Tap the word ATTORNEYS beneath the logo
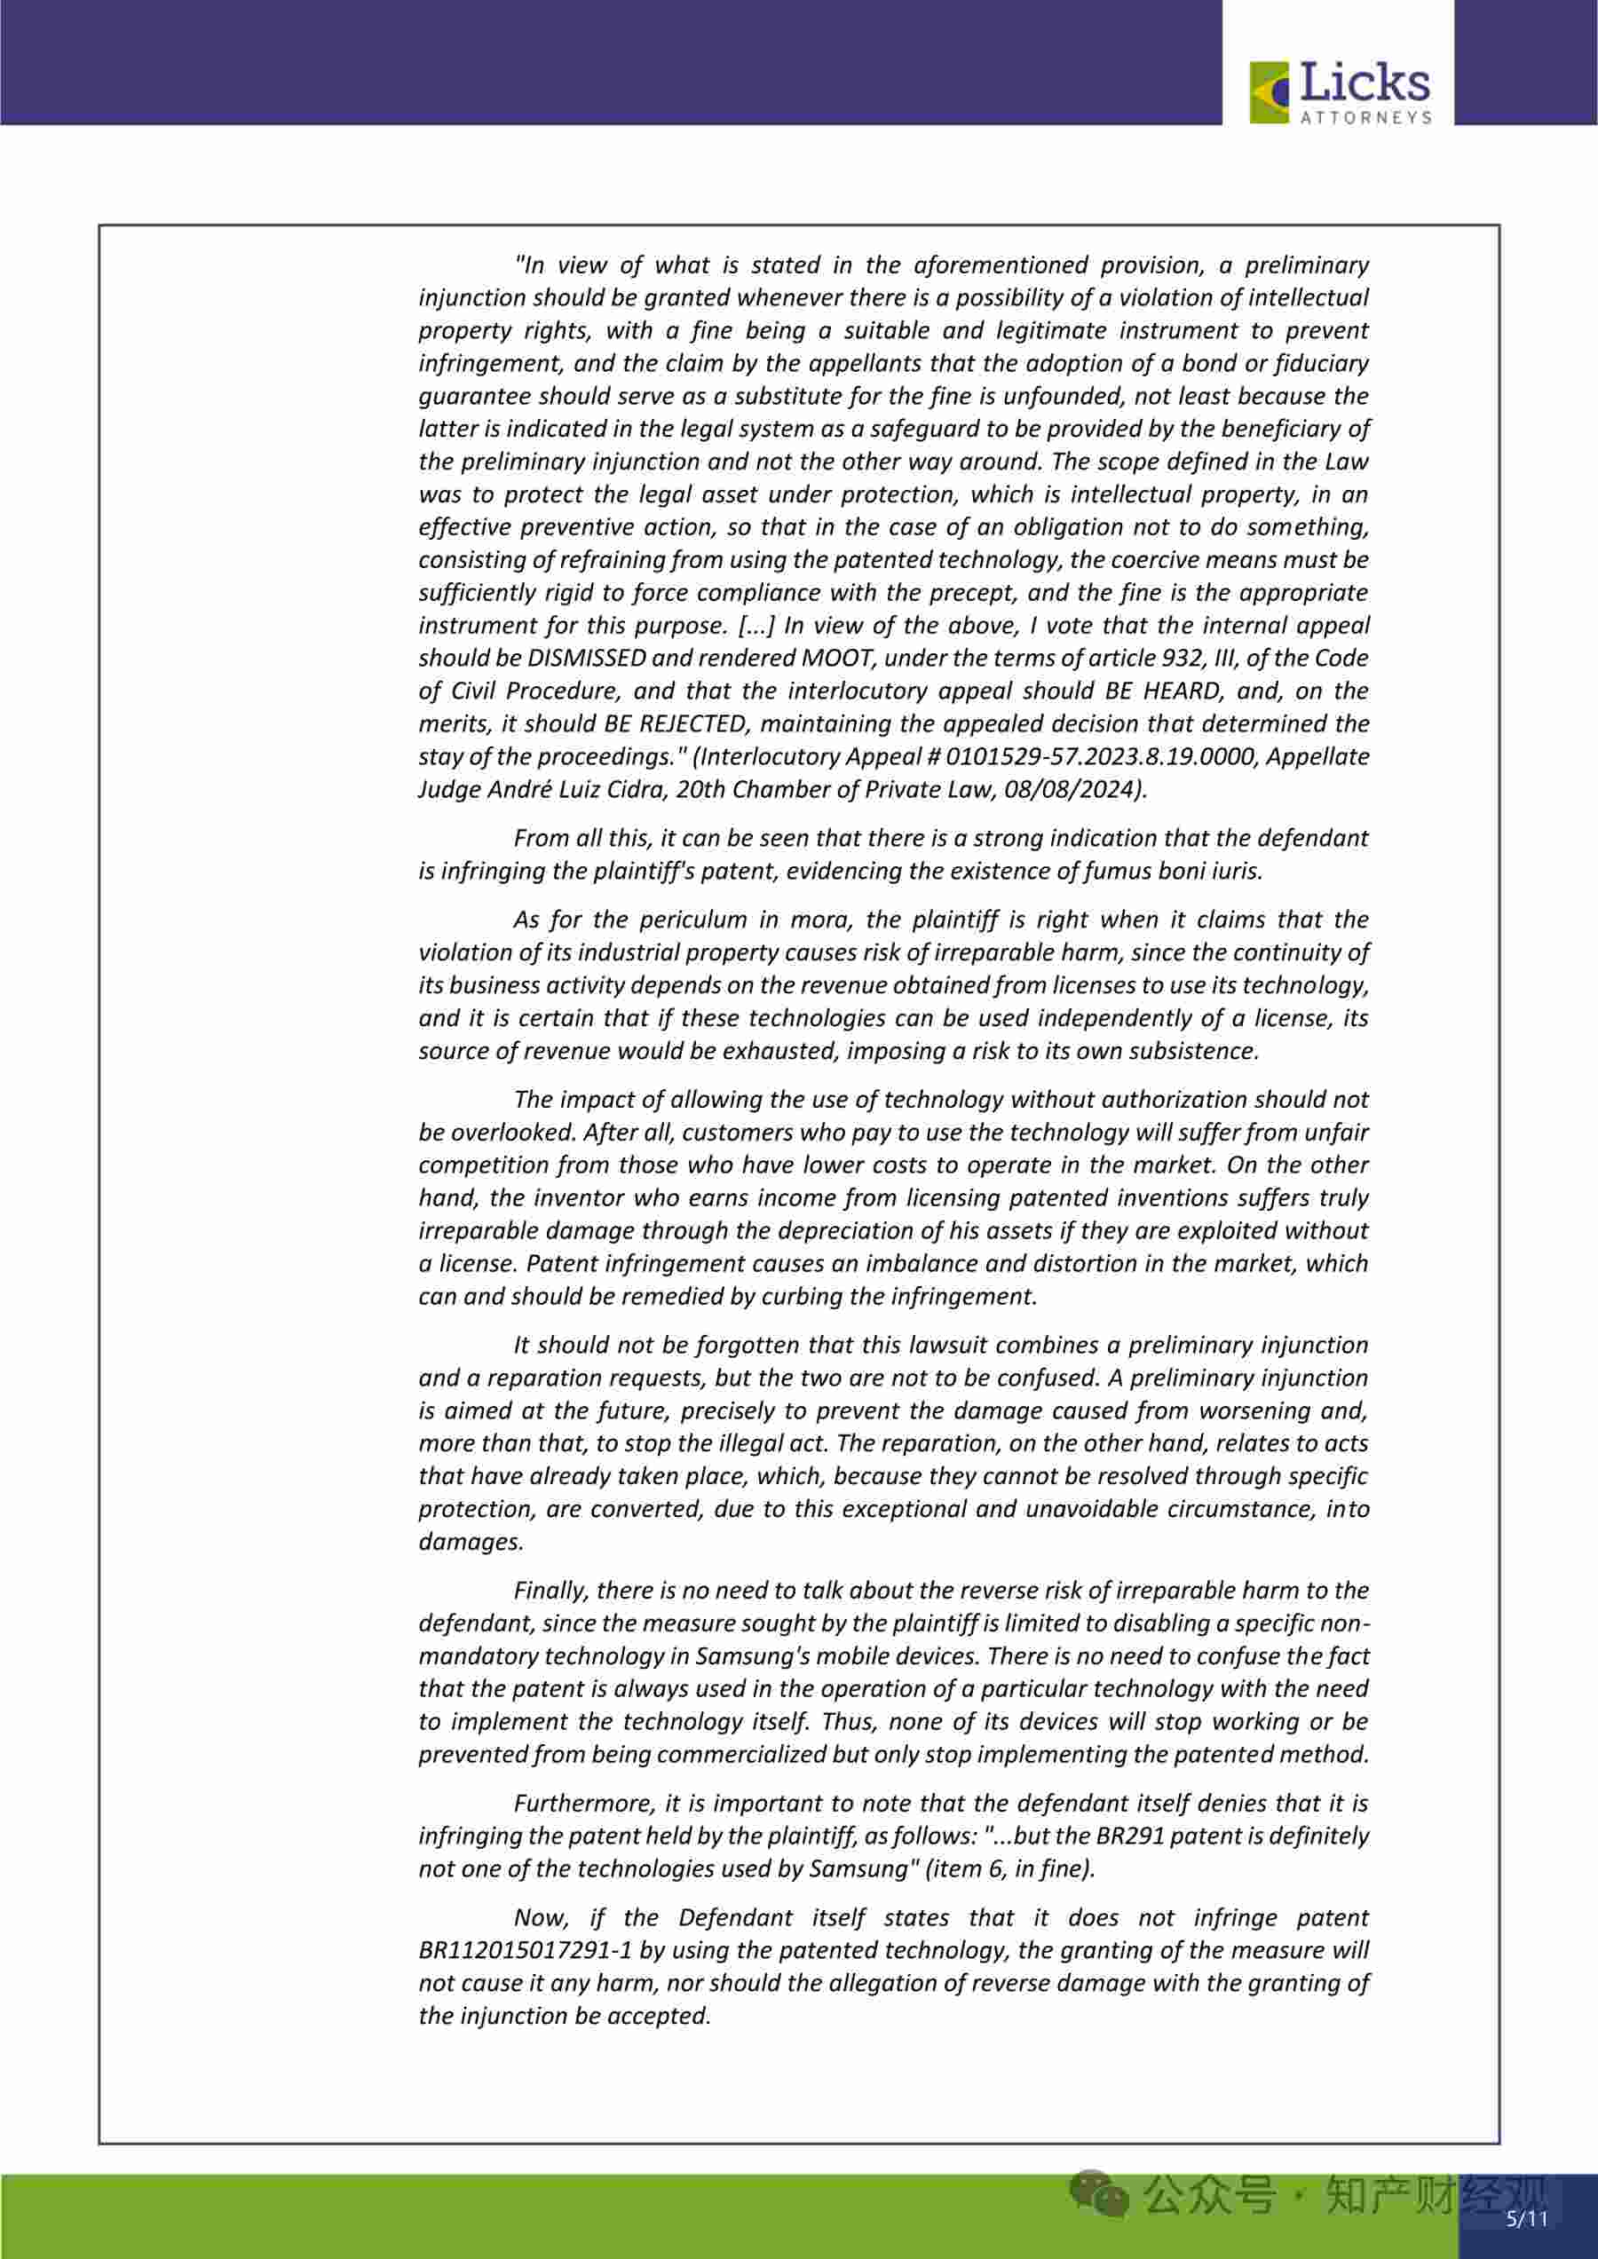1365,117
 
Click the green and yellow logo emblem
1270,92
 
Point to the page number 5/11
1527,2219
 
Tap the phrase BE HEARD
1189,691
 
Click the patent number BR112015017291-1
525,1950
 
